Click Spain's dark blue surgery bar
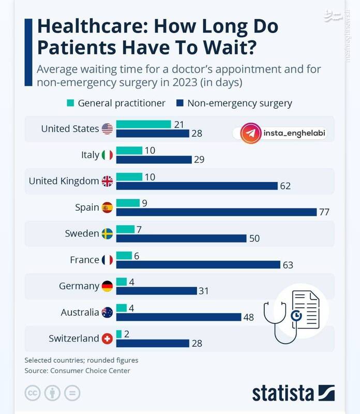216,212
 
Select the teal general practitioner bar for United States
143,124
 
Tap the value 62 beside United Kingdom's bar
284,186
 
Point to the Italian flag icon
107,155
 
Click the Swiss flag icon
107,338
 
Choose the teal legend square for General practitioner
71,103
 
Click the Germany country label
79,286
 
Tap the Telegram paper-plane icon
250,133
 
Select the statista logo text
284,393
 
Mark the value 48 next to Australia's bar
248,317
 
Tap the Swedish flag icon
107,233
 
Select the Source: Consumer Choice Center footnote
77,371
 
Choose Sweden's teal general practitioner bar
125,229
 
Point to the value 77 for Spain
324,212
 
